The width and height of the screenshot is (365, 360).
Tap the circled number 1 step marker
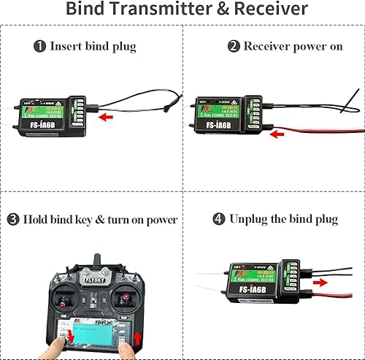(x=39, y=46)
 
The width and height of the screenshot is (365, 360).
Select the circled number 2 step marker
(x=234, y=46)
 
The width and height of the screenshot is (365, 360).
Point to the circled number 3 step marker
(x=13, y=219)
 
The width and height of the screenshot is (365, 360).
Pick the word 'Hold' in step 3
(x=36, y=219)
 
